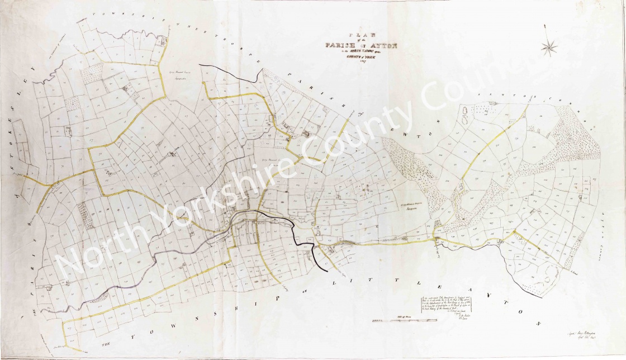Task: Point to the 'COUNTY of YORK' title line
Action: (361, 59)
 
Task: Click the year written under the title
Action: (361, 65)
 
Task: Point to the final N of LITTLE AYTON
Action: (540, 324)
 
